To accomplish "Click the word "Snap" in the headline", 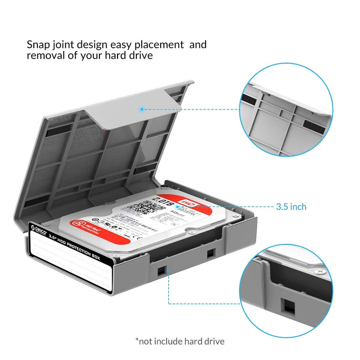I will tap(37, 45).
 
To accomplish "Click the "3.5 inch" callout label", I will tap(291, 207).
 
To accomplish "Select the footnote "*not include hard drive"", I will tap(180, 341).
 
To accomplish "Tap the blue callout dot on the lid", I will tap(142, 109).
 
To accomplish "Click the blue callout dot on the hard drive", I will tap(178, 207).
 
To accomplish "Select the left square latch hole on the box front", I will tap(160, 270).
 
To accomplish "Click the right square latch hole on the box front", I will tap(210, 254).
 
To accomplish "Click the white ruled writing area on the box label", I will tap(72, 265).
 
